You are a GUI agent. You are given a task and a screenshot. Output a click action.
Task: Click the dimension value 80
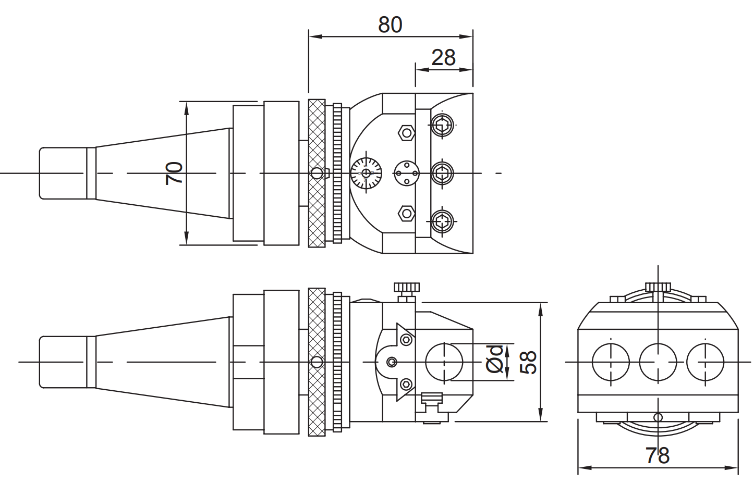click(x=390, y=24)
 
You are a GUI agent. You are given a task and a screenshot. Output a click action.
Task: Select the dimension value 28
click(x=443, y=57)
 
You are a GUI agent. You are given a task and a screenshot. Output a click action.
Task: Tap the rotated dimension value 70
click(x=174, y=173)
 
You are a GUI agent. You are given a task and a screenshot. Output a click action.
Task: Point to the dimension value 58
click(x=528, y=362)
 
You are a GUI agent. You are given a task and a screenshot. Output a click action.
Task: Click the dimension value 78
click(x=658, y=455)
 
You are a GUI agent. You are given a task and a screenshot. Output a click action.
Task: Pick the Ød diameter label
click(x=494, y=359)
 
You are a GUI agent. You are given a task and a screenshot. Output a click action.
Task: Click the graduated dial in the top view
click(x=366, y=173)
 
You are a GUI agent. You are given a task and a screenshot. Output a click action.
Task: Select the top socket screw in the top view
click(x=442, y=125)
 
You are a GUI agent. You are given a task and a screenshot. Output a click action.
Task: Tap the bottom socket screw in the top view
click(x=442, y=221)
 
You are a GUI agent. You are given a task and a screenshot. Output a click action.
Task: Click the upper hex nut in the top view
click(x=406, y=133)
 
